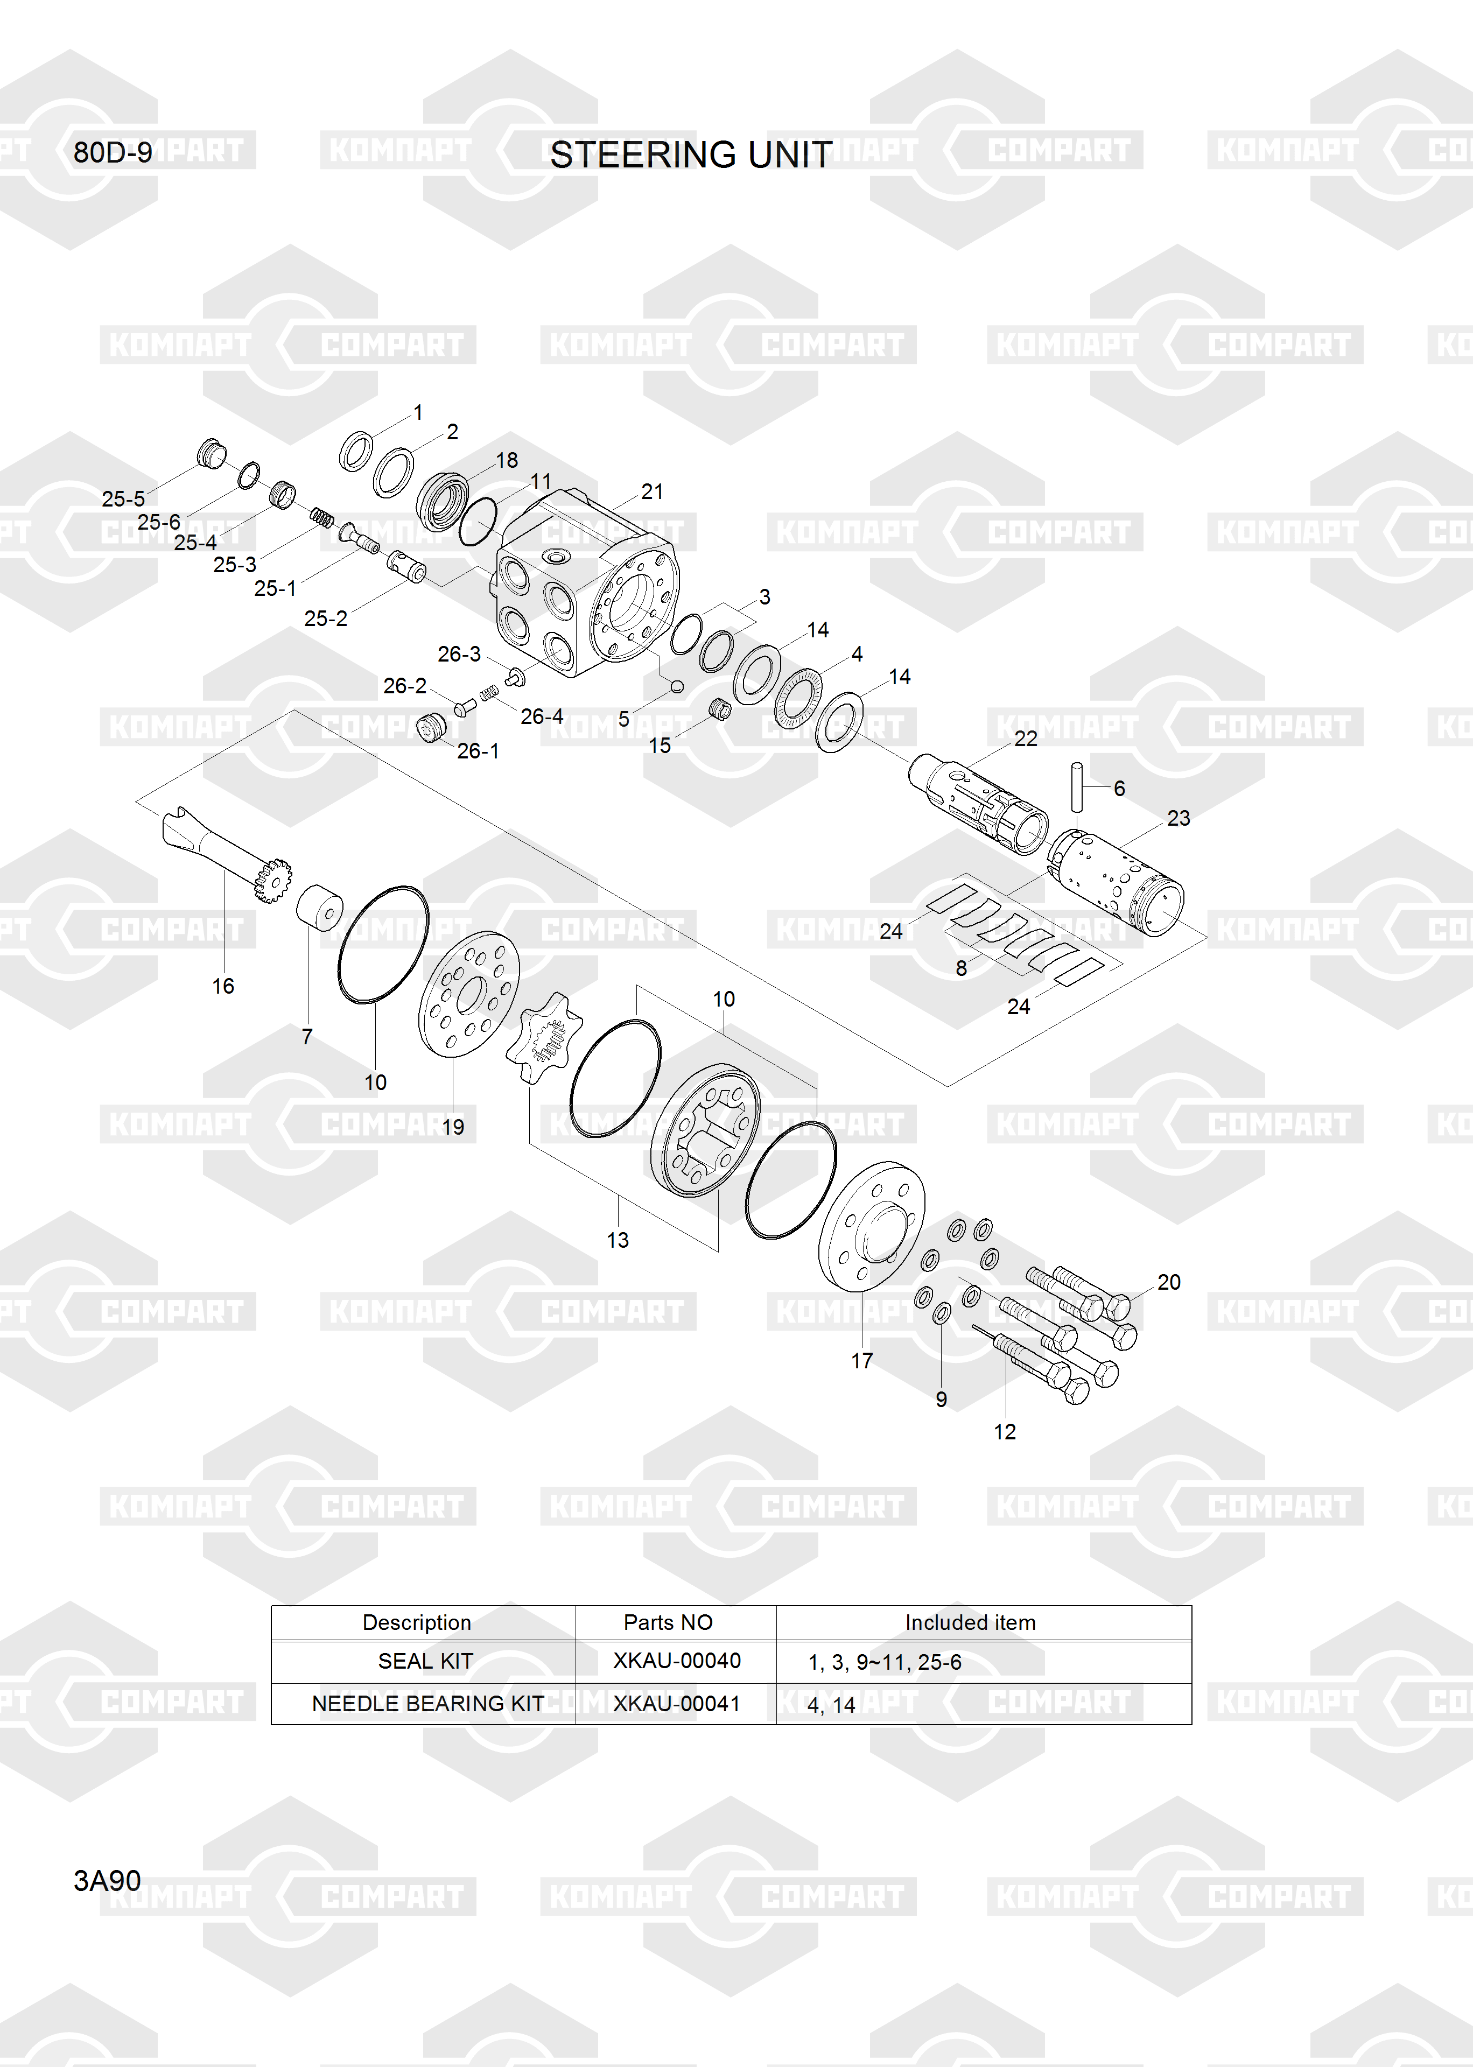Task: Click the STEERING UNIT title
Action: [x=691, y=155]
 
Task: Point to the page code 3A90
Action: [x=107, y=1880]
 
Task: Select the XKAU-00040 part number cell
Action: [x=677, y=1660]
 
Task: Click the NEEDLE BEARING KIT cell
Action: [x=428, y=1704]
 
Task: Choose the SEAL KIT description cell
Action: [x=425, y=1661]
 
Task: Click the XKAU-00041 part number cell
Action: [x=677, y=1704]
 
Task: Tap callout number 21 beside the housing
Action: [x=652, y=491]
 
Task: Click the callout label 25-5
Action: [x=123, y=498]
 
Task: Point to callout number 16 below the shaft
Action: [x=223, y=986]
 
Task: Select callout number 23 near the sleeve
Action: [x=1178, y=818]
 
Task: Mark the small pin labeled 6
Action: [x=1077, y=788]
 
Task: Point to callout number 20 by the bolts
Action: [x=1169, y=1282]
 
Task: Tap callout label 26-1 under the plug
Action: [x=478, y=751]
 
